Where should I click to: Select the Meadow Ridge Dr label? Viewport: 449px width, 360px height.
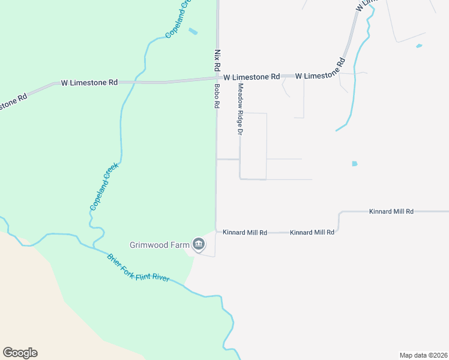click(240, 109)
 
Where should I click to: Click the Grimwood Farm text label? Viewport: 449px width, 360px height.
click(159, 245)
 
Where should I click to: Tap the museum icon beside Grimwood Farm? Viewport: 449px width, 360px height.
click(199, 244)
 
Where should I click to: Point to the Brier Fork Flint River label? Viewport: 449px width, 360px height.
click(138, 268)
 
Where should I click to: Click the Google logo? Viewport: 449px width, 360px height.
click(20, 353)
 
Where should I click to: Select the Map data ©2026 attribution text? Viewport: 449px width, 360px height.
click(423, 355)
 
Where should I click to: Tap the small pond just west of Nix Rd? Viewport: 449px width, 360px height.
click(193, 31)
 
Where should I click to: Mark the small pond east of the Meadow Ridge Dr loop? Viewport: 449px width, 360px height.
click(355, 163)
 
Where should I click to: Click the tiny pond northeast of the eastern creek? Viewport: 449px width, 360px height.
click(419, 46)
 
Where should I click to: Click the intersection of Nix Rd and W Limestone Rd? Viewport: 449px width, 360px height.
click(217, 77)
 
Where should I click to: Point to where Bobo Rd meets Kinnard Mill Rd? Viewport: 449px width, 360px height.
click(216, 232)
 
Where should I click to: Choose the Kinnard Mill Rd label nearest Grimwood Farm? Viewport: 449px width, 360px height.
click(245, 232)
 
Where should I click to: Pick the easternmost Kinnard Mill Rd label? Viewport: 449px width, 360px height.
click(391, 212)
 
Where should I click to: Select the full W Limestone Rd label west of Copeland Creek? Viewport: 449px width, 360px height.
click(89, 83)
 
